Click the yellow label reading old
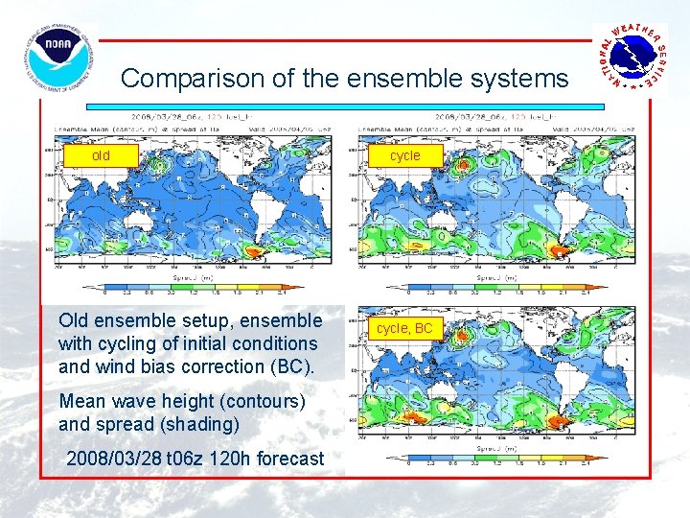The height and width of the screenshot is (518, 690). pos(101,155)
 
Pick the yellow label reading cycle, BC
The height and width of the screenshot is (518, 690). pos(404,328)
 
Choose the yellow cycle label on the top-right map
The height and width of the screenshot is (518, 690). pos(404,155)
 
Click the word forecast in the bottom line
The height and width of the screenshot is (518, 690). pos(294,459)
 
